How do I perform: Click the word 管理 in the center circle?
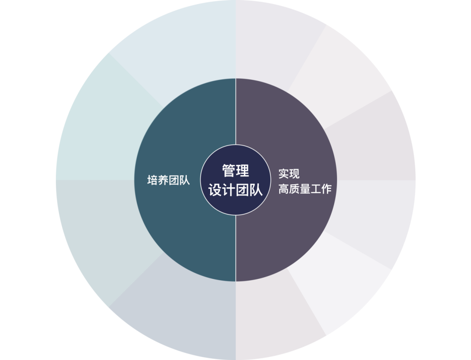[235, 171]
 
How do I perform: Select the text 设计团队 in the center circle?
[235, 190]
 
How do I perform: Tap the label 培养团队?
[168, 180]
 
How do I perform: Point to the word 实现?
[289, 174]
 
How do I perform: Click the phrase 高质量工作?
[305, 189]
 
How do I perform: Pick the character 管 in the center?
[229, 171]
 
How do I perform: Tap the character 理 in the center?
[242, 171]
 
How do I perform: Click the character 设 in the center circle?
[215, 190]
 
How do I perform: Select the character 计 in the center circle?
[229, 190]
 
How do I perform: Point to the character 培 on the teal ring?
[153, 180]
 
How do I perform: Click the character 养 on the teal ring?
[163, 180]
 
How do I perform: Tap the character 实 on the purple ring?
[284, 174]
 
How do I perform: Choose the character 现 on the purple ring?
[294, 174]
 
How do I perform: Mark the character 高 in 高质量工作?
[284, 189]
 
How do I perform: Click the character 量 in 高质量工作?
[305, 189]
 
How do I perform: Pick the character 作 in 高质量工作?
[326, 189]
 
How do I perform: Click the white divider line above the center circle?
[235, 111]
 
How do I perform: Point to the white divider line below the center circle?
[235, 249]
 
